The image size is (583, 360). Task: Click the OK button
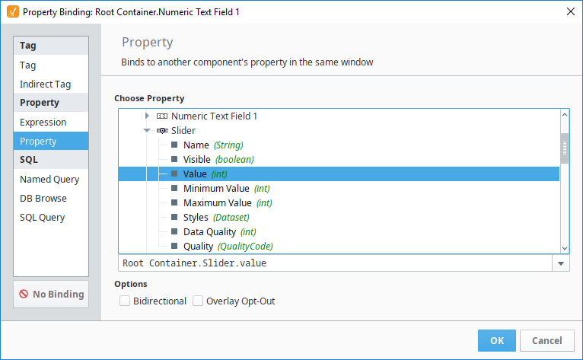pos(497,340)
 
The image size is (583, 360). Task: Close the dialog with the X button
pos(571,11)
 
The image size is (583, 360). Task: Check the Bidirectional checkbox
pos(125,301)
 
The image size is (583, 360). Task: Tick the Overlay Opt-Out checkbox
pos(198,301)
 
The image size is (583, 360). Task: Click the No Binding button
pos(51,295)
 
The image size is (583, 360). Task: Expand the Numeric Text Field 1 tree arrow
pos(147,116)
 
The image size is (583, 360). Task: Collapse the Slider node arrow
pos(147,131)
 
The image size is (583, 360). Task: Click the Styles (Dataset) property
pos(216,218)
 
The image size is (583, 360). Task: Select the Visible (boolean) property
pos(218,160)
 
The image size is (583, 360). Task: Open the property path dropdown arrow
pos(561,263)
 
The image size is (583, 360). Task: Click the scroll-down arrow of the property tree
pos(565,248)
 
